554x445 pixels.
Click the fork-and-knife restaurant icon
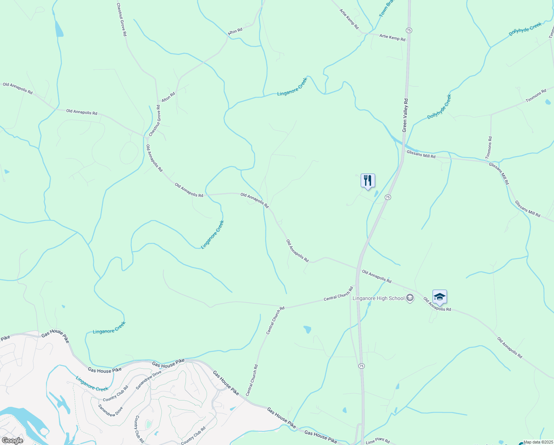click(x=368, y=181)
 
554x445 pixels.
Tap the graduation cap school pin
click(x=440, y=297)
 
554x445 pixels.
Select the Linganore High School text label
click(x=378, y=298)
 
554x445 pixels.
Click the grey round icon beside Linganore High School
click(x=410, y=298)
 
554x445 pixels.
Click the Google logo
click(x=12, y=441)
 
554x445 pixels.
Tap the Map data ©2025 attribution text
click(x=538, y=442)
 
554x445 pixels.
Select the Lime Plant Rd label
click(x=378, y=441)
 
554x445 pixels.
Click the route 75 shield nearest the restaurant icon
click(x=387, y=197)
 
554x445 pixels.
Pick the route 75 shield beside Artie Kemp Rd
click(x=409, y=30)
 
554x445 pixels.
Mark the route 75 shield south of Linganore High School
click(x=361, y=366)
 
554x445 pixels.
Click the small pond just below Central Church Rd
click(x=307, y=329)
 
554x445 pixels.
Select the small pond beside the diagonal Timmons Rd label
click(x=548, y=102)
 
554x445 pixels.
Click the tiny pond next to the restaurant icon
click(x=376, y=194)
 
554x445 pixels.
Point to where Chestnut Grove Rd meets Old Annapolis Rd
click(x=144, y=136)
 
